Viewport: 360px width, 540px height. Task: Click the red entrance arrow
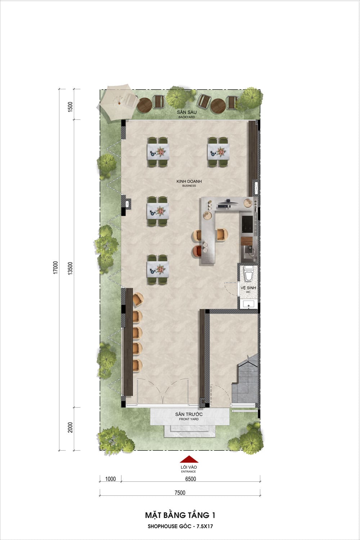point(189,459)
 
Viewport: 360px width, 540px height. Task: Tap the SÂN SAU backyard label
point(186,114)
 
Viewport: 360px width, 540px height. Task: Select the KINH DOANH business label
point(189,183)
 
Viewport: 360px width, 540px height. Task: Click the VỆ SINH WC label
point(248,289)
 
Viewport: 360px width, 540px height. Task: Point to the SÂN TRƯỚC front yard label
point(189,416)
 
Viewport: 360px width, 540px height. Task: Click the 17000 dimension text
point(56,267)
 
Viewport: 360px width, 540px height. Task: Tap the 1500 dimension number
point(70,107)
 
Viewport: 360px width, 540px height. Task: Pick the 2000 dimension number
point(70,427)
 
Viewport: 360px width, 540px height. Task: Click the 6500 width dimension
point(190,479)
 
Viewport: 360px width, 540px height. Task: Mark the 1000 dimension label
point(111,479)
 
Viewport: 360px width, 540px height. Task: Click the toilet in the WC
point(248,273)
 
